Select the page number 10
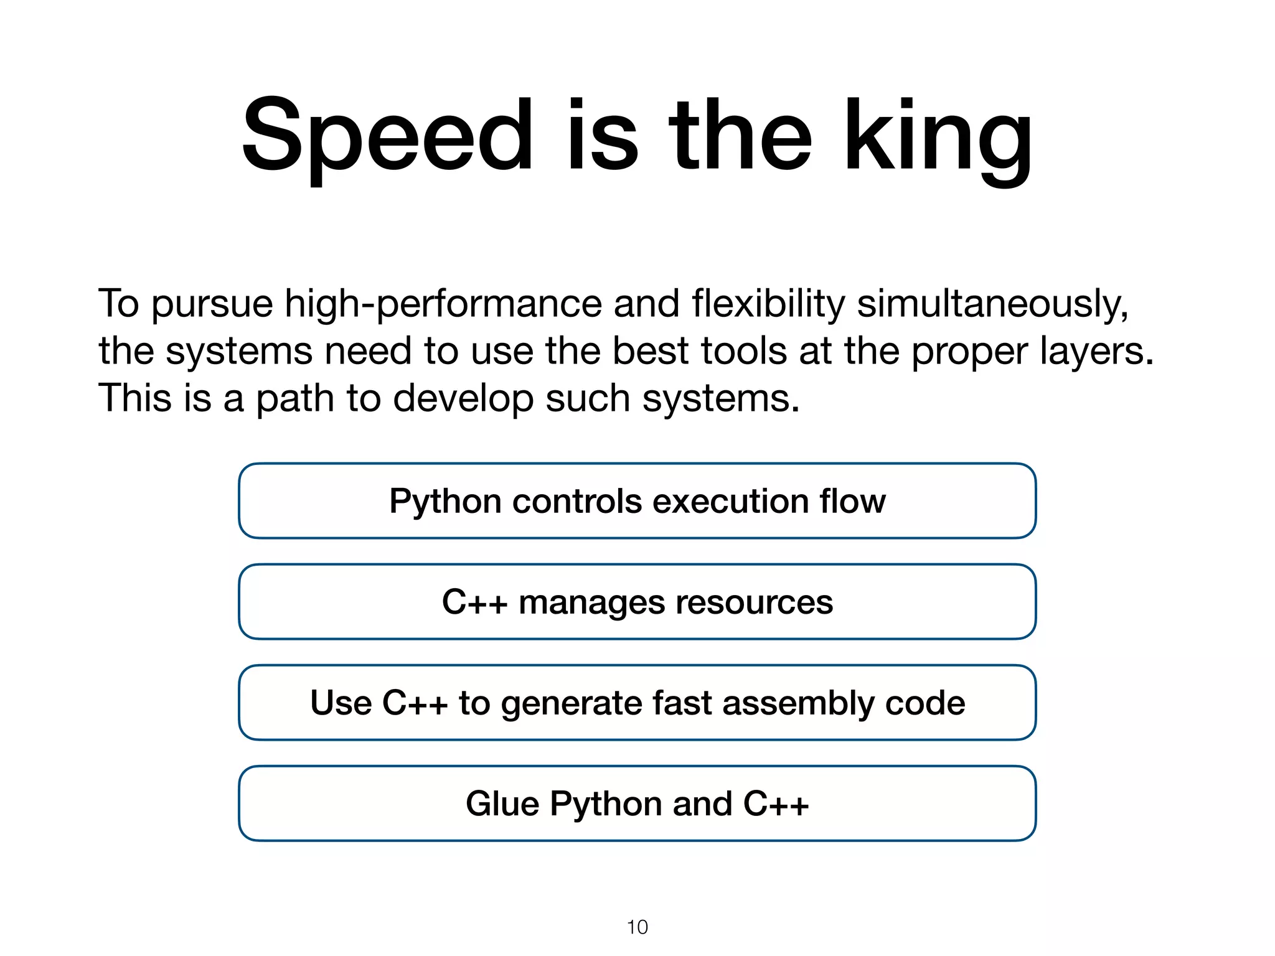click(x=637, y=927)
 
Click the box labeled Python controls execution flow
click(x=637, y=501)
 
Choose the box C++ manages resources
click(x=637, y=602)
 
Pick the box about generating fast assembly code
click(x=637, y=703)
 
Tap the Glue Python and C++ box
click(x=637, y=804)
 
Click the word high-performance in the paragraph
click(x=443, y=304)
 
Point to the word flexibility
click(x=768, y=304)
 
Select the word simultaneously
click(x=992, y=304)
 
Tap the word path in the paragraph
click(x=295, y=398)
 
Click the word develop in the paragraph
click(x=463, y=398)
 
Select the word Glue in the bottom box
click(x=502, y=804)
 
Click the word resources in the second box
click(x=754, y=602)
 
